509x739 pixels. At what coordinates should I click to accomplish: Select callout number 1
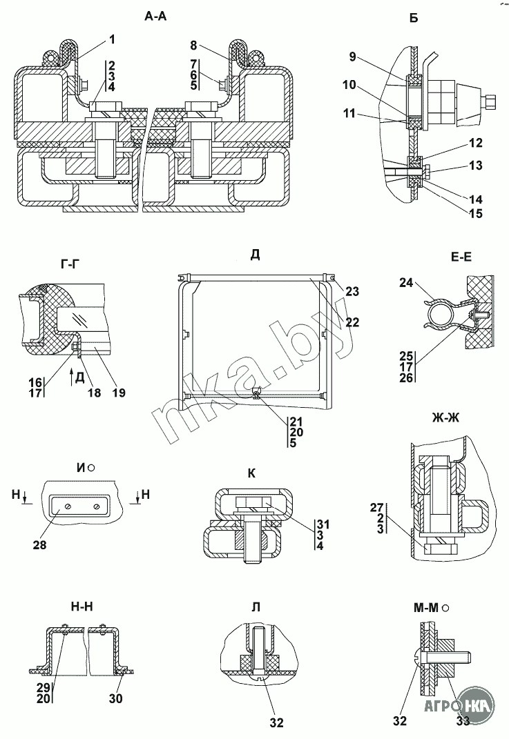coord(112,40)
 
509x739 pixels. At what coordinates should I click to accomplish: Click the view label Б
coord(414,19)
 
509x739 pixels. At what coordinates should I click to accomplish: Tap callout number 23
coord(353,292)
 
